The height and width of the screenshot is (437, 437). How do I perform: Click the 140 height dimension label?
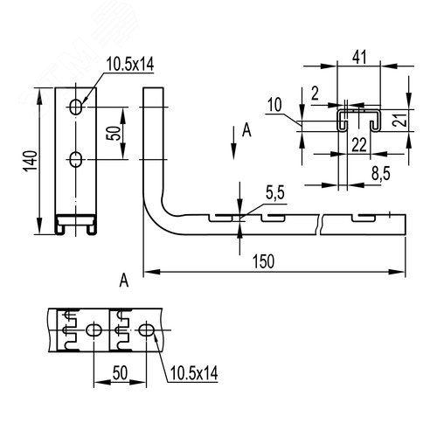click(31, 161)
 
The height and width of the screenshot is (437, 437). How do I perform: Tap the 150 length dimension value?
click(263, 261)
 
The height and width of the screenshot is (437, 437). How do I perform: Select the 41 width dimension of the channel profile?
click(359, 57)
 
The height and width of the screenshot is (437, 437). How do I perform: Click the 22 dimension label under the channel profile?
click(359, 145)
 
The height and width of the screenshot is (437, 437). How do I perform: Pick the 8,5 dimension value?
click(381, 174)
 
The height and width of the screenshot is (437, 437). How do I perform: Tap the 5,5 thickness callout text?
click(275, 193)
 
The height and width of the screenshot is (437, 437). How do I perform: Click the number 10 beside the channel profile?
click(274, 105)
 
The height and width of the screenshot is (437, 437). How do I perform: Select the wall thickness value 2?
click(316, 94)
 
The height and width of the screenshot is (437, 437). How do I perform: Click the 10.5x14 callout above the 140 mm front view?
click(130, 64)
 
